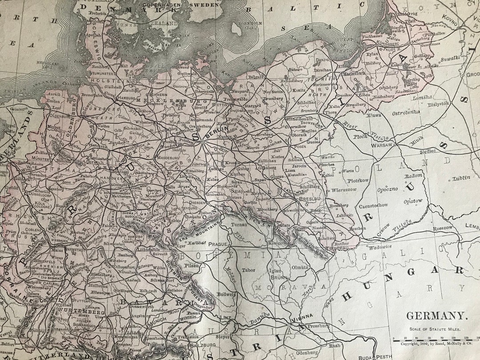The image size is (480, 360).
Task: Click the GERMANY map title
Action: (437, 316)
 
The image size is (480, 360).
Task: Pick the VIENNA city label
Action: (302, 316)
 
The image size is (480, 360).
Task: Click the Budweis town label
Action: (227, 294)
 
